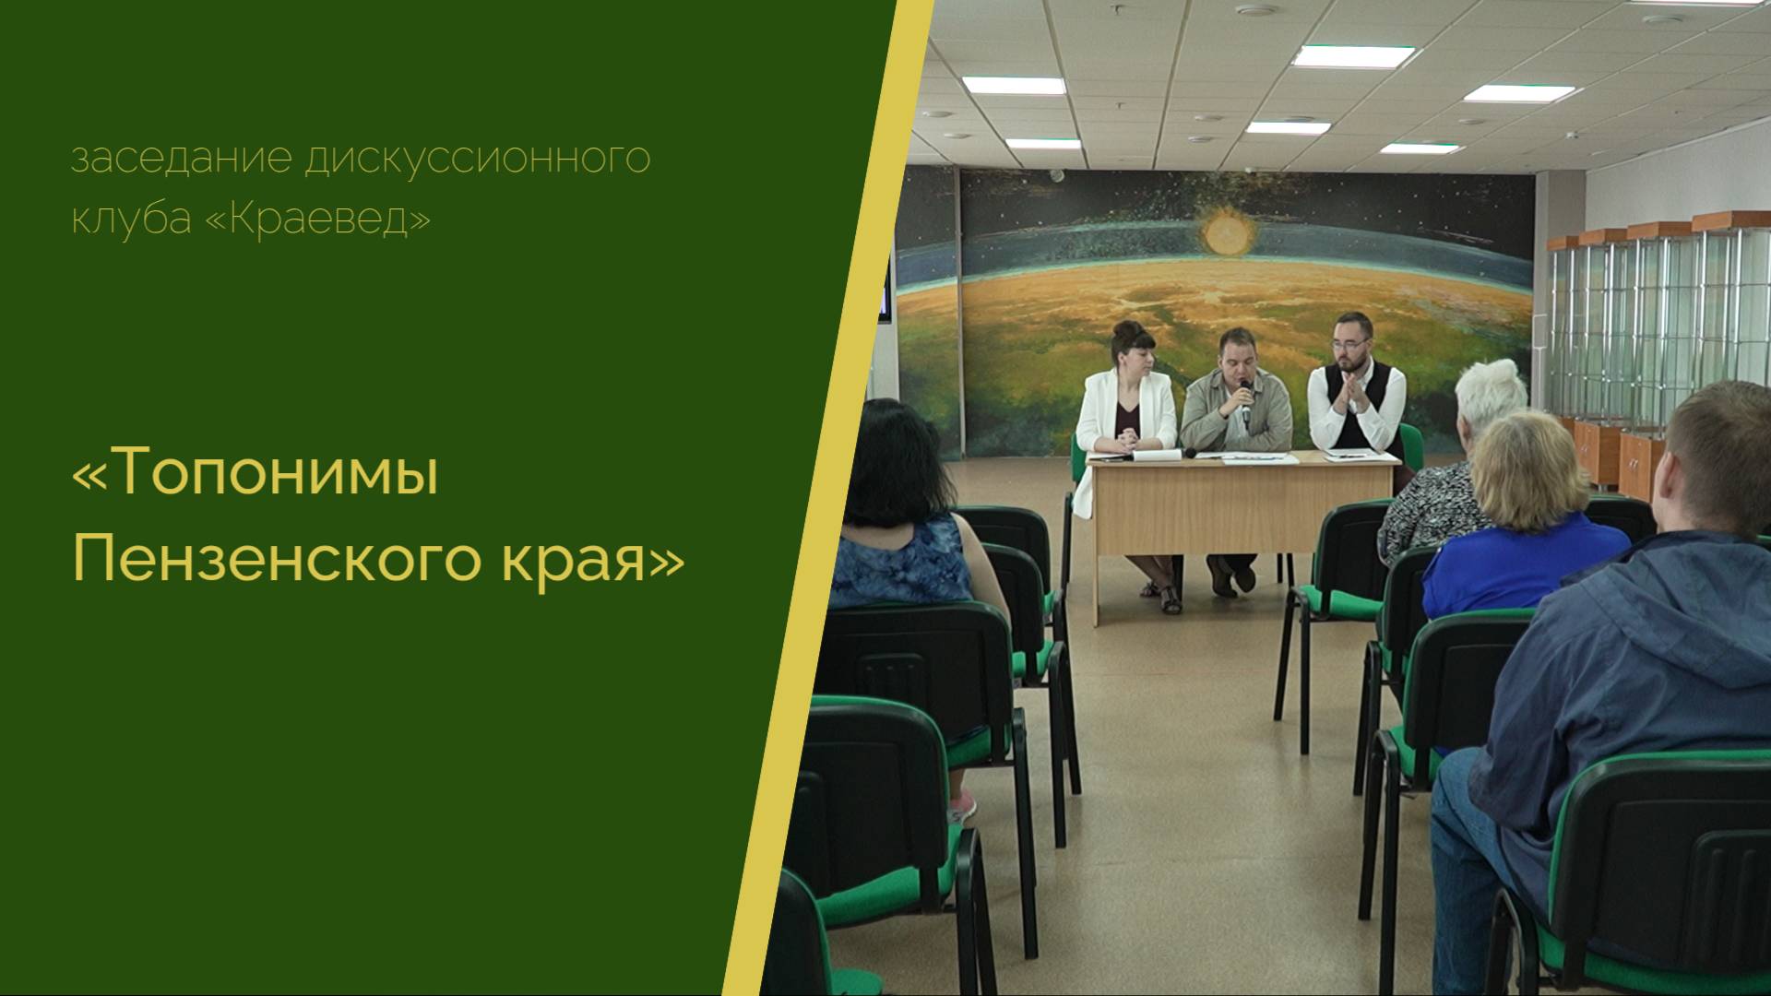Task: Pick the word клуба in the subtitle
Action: (x=131, y=219)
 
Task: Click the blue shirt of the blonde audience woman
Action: (x=1522, y=563)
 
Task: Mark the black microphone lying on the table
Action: (x=1194, y=453)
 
